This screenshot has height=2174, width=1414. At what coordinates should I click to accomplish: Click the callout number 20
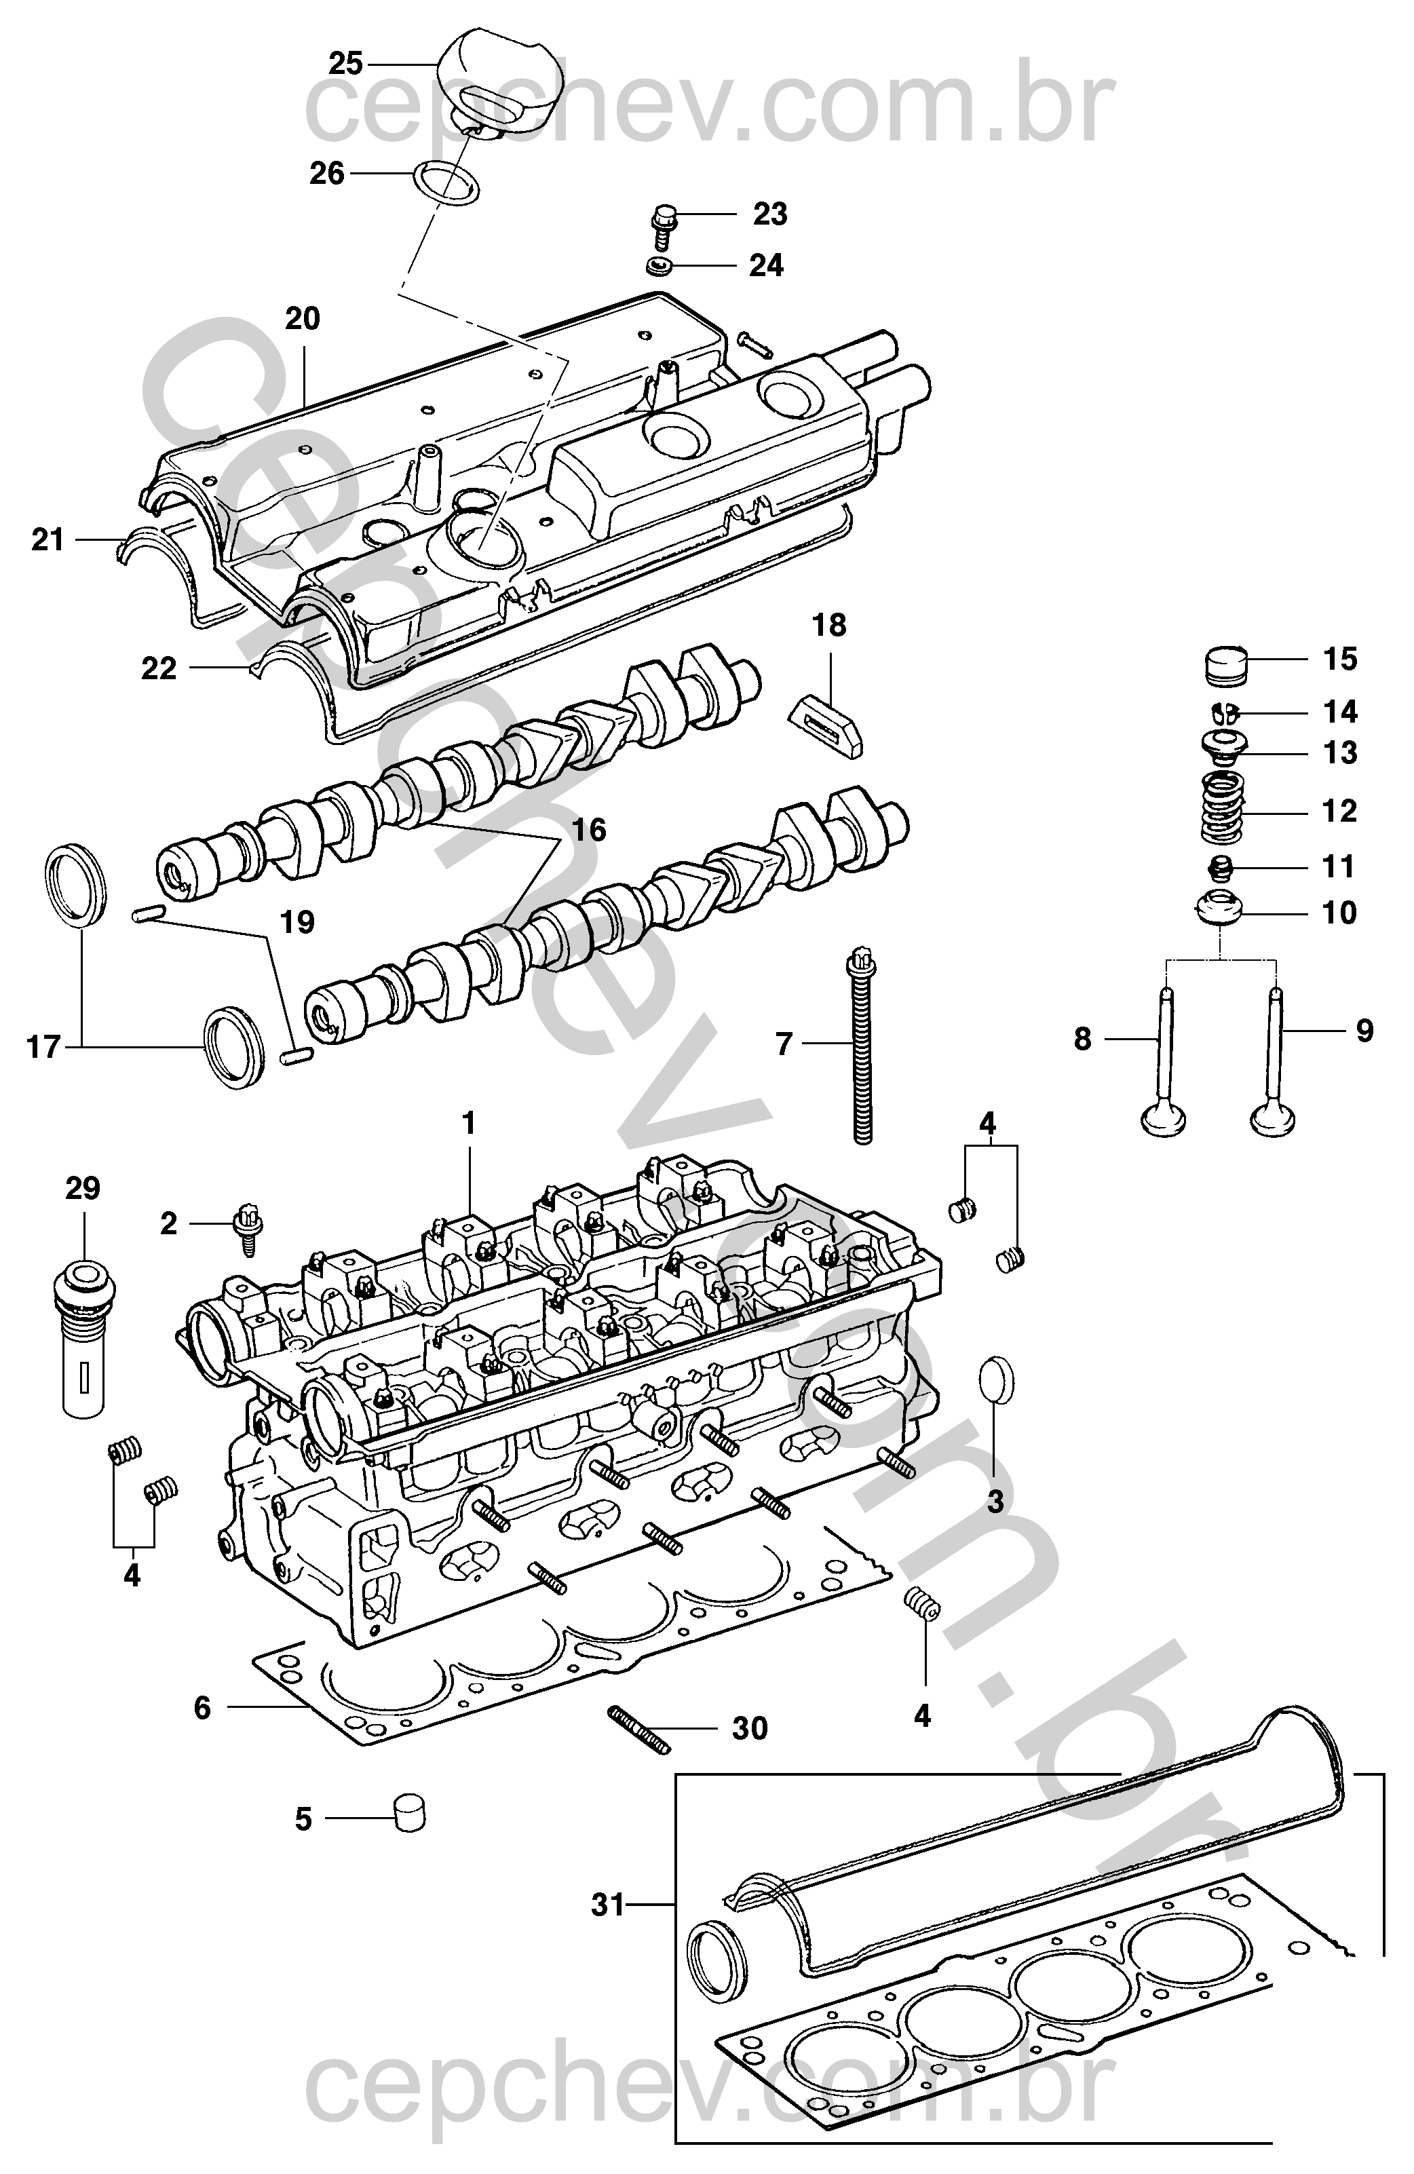[x=303, y=319]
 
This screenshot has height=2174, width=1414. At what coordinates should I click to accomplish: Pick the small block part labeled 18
[x=825, y=727]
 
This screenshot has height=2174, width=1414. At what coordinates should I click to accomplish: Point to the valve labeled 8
[x=1164, y=1060]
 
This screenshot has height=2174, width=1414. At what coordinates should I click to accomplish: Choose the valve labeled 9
[x=1274, y=1060]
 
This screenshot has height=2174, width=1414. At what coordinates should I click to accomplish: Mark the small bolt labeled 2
[x=248, y=1229]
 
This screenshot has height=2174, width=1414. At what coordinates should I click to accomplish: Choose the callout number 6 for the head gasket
[x=203, y=1707]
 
